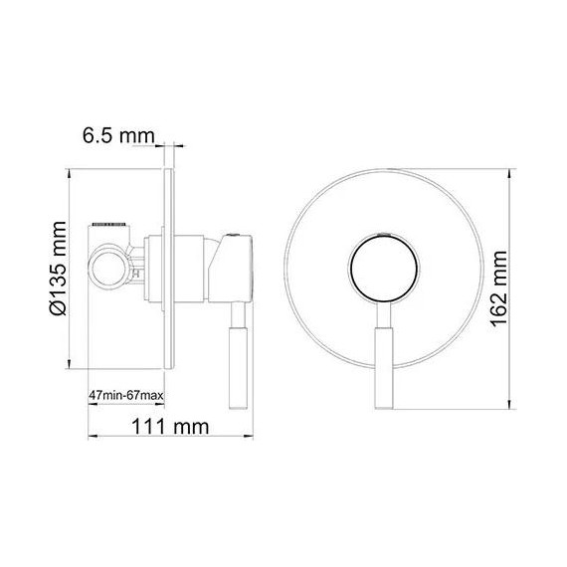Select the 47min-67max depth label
point(124,397)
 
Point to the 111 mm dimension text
point(169,427)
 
